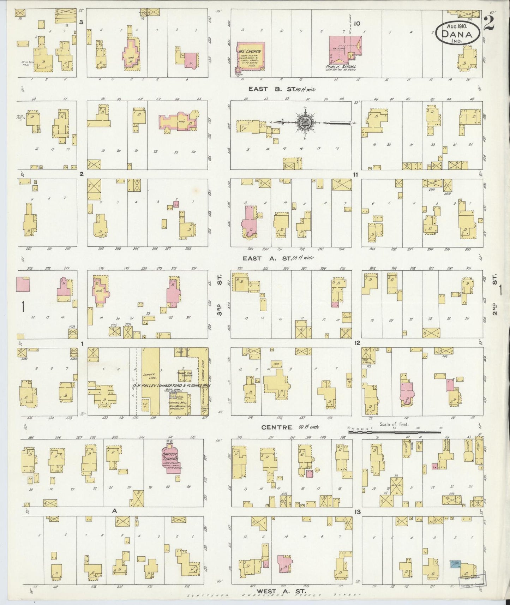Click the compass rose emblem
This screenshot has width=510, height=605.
304,122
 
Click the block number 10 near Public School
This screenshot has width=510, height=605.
357,24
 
